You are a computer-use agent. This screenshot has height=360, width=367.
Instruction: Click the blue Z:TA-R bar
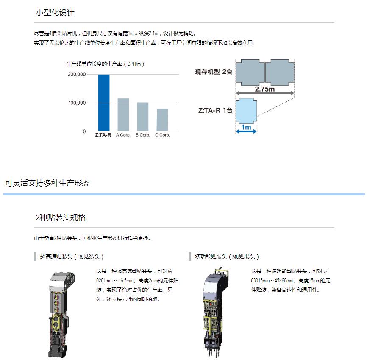(x=104, y=103)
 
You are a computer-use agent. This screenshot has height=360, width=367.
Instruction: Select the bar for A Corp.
(x=123, y=114)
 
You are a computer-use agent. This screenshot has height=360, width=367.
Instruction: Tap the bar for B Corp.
(x=142, y=117)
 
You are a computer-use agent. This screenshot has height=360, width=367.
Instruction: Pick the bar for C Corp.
(x=162, y=120)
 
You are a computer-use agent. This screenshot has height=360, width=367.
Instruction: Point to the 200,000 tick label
(x=77, y=75)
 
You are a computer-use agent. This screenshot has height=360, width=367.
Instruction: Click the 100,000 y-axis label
(x=77, y=103)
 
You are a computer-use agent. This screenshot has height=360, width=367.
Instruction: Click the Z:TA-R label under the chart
(x=103, y=135)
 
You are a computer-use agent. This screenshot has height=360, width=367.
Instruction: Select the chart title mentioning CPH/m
(x=105, y=64)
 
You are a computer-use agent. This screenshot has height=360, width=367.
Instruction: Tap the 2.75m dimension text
(x=265, y=89)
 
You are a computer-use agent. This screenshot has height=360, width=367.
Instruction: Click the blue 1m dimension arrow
(x=246, y=131)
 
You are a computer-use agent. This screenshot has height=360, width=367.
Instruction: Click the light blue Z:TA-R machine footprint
(x=246, y=111)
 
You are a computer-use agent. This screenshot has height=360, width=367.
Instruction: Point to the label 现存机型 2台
(x=214, y=72)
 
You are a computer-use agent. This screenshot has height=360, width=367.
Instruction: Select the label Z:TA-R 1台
(x=215, y=110)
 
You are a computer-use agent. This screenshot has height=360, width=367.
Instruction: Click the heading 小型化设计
(x=55, y=13)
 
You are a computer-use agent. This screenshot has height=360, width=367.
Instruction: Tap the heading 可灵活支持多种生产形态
(x=47, y=183)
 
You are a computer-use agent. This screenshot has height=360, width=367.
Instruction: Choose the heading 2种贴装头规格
(x=61, y=218)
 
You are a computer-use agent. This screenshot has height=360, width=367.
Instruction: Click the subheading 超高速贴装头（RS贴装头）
(x=72, y=257)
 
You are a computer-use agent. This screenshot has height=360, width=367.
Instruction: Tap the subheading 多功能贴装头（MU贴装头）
(x=227, y=257)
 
